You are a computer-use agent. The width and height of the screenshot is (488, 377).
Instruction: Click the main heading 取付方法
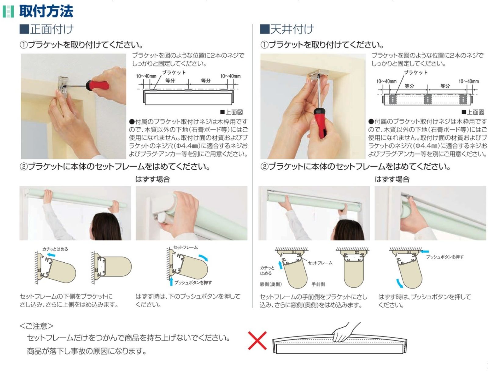pos(46,11)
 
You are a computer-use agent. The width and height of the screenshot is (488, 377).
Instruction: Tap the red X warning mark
pos(257,340)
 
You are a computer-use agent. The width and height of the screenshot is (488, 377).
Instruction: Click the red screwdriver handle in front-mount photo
pos(98,84)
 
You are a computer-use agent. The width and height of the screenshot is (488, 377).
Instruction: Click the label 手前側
pos(318,284)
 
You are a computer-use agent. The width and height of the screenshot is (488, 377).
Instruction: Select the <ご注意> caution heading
pos(36,326)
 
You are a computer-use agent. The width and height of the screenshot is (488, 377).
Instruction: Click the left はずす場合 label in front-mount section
pos(152,179)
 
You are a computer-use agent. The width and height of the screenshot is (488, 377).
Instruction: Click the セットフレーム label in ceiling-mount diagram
pos(320,263)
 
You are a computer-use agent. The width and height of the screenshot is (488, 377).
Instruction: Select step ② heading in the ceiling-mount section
pos(355,167)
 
